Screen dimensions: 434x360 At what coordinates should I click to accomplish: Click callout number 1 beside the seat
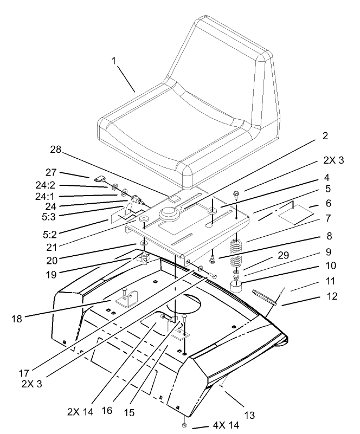click(x=114, y=62)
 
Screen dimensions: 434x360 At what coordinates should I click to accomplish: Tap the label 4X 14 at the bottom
click(x=224, y=426)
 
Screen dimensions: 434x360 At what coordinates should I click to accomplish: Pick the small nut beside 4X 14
click(x=185, y=425)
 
